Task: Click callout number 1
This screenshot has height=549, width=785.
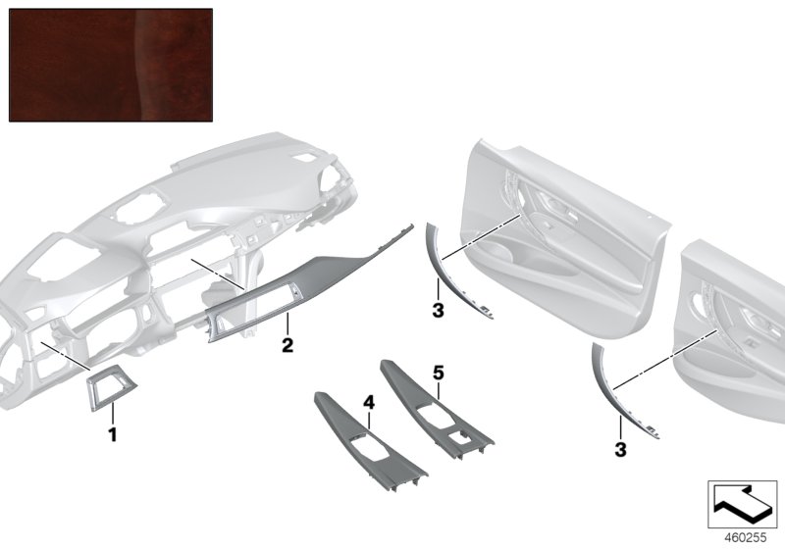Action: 113,434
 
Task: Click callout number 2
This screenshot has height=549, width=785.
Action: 288,345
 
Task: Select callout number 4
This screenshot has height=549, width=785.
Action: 369,402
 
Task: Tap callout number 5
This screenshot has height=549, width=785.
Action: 439,373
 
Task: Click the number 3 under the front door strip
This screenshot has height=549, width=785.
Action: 438,310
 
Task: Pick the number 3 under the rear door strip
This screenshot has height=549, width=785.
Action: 620,450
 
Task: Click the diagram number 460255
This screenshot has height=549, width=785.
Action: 746,537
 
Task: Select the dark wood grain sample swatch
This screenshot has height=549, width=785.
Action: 111,65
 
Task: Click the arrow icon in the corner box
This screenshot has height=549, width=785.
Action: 743,503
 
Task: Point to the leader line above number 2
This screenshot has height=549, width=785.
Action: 288,324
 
